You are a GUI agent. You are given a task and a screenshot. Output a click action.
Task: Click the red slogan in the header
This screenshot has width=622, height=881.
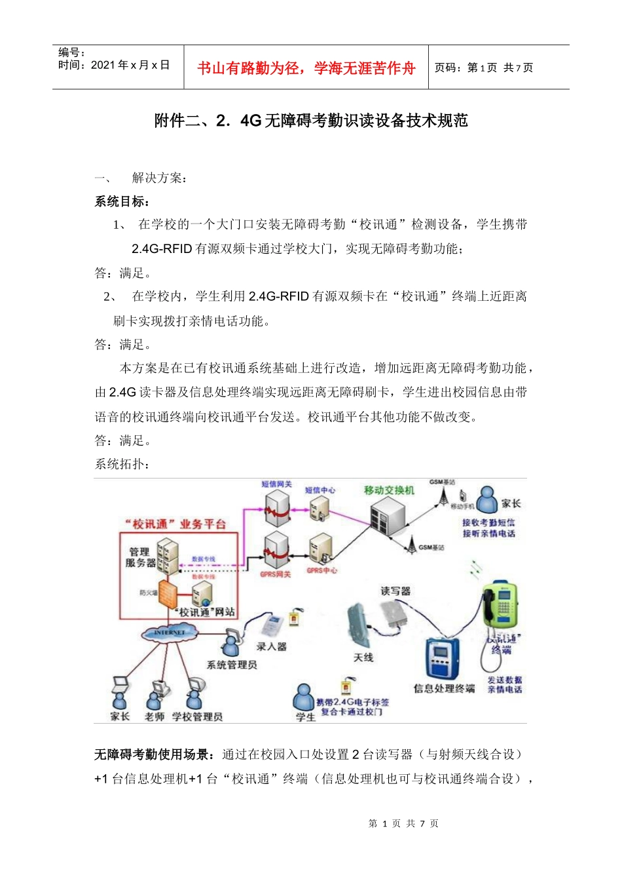[306, 68]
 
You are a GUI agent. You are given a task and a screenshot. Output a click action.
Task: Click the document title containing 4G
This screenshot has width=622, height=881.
[311, 121]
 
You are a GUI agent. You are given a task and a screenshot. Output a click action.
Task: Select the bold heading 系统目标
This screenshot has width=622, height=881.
[122, 201]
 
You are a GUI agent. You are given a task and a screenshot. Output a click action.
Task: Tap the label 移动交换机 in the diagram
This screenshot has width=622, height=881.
[389, 490]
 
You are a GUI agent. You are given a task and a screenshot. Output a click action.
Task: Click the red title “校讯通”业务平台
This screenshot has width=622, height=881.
[175, 524]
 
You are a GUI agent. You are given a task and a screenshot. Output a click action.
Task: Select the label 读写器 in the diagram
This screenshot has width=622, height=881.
[395, 591]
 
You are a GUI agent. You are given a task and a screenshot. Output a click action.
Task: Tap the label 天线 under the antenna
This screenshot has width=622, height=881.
[363, 657]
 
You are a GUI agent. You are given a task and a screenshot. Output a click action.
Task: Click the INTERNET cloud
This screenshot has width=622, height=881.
[169, 633]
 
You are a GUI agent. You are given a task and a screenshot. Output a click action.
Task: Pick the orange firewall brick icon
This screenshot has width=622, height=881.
[168, 594]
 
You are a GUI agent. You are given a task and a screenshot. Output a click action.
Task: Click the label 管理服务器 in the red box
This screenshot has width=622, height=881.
[140, 557]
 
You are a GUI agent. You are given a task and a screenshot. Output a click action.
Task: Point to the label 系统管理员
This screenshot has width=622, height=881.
[232, 665]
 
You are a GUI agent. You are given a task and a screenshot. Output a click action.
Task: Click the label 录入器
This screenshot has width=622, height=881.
[271, 646]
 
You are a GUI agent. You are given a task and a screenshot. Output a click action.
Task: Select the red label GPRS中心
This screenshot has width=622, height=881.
[322, 570]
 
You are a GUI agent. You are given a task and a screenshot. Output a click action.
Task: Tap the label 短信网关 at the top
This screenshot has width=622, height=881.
[276, 484]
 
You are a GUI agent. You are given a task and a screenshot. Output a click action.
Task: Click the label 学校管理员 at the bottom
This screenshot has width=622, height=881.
[197, 716]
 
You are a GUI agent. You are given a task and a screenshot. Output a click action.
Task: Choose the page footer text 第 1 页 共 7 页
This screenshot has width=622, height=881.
[403, 823]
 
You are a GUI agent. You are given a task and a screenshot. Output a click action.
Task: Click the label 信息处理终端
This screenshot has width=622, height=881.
[444, 688]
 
